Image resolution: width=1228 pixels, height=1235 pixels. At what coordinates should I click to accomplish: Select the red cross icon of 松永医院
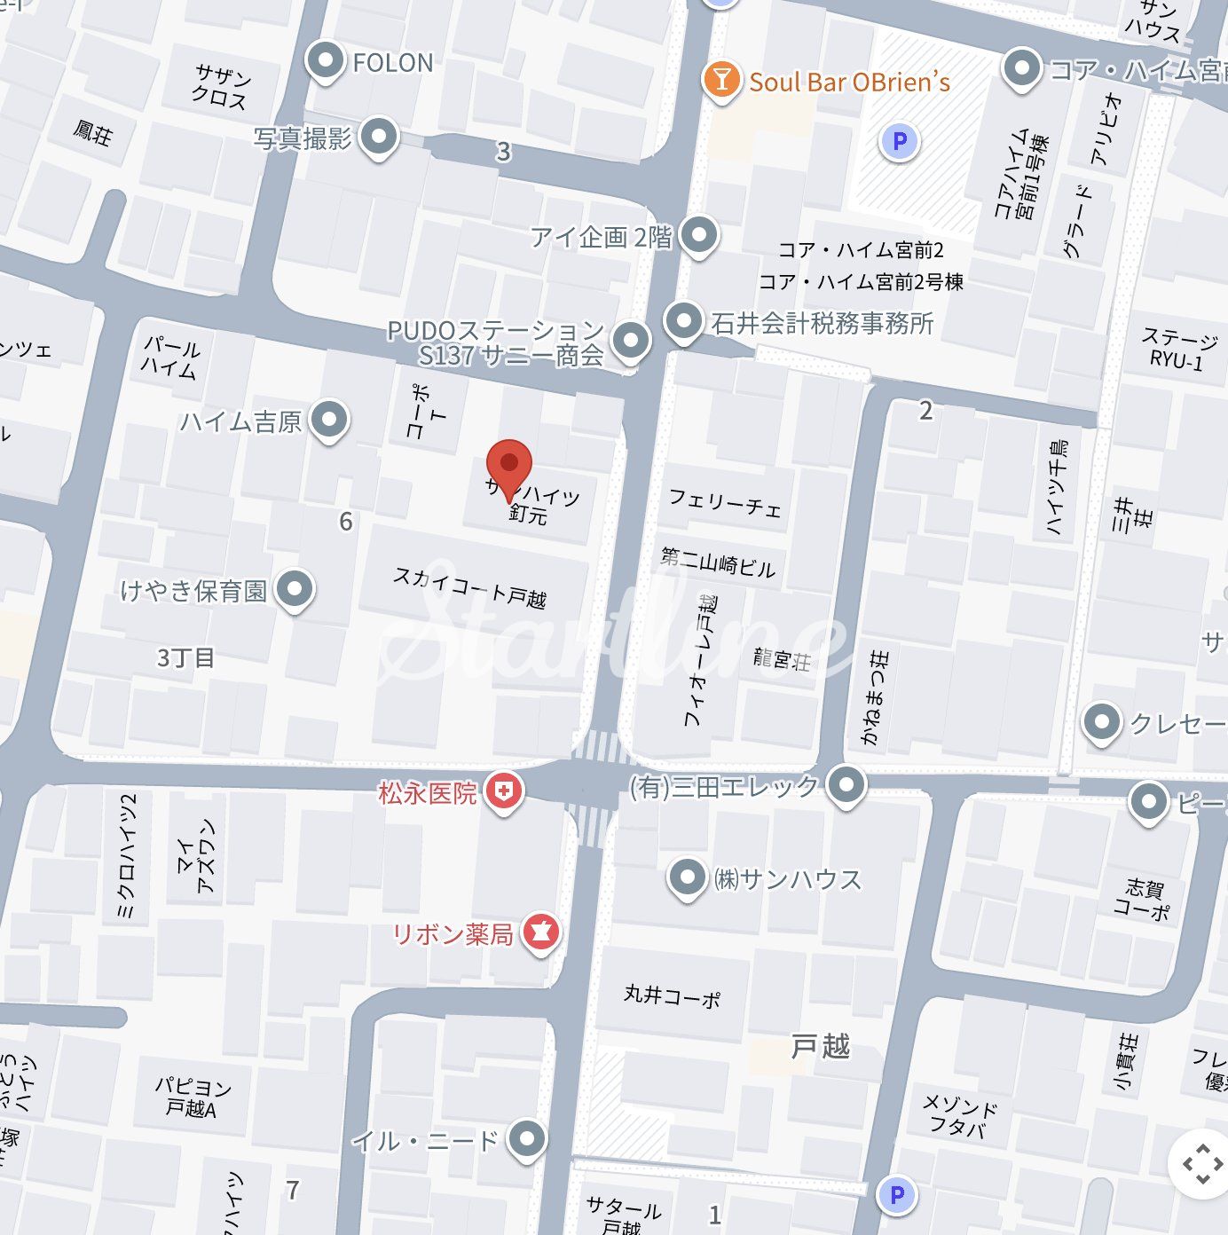point(504,791)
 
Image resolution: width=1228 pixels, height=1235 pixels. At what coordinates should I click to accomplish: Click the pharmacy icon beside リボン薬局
point(540,932)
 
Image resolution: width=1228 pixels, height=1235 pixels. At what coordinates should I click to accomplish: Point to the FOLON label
point(393,63)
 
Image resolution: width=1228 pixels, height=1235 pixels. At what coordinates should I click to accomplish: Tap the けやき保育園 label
point(193,590)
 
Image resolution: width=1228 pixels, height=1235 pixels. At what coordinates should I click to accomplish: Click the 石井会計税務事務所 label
point(823,323)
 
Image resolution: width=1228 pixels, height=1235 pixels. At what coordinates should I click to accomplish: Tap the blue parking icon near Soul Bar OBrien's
point(900,141)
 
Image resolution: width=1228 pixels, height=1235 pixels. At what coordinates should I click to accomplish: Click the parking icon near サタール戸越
point(896,1194)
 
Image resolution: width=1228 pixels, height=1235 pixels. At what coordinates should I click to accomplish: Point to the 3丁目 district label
point(185,658)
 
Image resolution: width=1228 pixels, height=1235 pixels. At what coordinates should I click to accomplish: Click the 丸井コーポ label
point(672,995)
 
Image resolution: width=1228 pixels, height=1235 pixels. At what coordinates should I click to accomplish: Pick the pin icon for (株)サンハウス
point(687,877)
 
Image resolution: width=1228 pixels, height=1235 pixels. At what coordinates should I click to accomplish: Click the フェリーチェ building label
point(725,502)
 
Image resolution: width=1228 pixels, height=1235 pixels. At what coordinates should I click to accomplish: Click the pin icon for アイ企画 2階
point(700,235)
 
